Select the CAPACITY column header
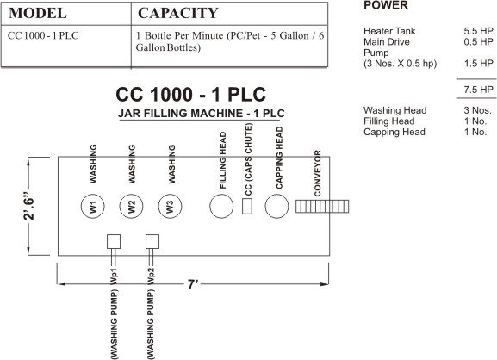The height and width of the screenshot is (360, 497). (x=177, y=14)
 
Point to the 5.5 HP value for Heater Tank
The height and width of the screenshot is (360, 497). (x=478, y=30)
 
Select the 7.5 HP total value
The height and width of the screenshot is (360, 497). (x=478, y=90)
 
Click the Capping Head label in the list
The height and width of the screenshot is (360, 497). (x=394, y=133)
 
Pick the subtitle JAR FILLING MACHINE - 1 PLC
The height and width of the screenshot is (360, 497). (x=202, y=114)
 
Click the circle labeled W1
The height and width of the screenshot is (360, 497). (x=92, y=207)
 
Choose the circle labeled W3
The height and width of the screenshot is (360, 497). (x=171, y=207)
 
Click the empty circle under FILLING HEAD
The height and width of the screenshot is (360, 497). (x=222, y=207)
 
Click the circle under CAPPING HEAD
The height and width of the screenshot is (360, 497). (x=276, y=207)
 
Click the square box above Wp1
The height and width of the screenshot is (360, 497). (x=113, y=241)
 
